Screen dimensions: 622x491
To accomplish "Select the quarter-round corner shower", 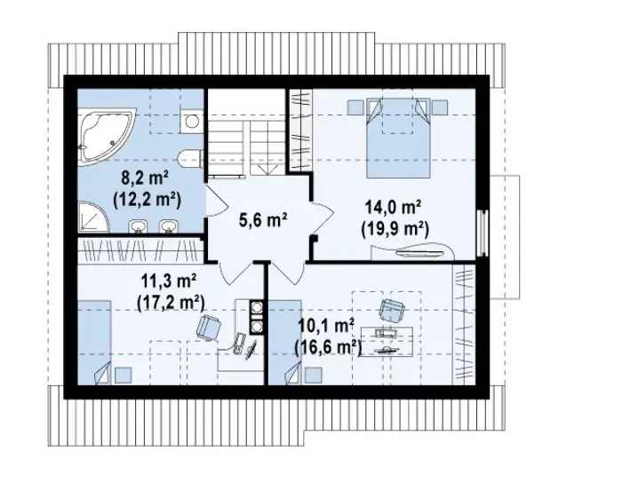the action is pos(92,217).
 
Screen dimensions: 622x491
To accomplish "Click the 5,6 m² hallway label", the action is pos(263,219).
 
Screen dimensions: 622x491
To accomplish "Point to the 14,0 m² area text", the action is pos(393,208).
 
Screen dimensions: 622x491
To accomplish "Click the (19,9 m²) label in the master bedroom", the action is pos(395,229).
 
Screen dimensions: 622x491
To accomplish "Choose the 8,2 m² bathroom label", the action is pos(146,178).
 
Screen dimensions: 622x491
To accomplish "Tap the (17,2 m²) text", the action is pos(171,303).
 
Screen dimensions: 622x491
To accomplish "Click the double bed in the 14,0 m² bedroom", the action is pos(398,138).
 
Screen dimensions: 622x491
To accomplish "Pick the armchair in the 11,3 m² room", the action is pos(209,329).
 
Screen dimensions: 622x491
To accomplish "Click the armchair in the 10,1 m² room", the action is pos(392,310).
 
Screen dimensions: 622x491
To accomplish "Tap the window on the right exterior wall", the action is pos(482,233).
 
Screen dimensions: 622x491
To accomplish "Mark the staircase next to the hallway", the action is pos(246,132).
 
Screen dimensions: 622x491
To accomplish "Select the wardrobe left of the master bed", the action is pos(300,131).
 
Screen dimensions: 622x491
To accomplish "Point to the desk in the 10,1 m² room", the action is pos(387,342).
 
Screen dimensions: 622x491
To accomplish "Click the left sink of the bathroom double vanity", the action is pos(138,226).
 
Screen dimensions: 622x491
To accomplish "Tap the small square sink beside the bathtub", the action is pos(192,120).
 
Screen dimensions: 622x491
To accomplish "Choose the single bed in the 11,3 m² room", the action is pos(94,342).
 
